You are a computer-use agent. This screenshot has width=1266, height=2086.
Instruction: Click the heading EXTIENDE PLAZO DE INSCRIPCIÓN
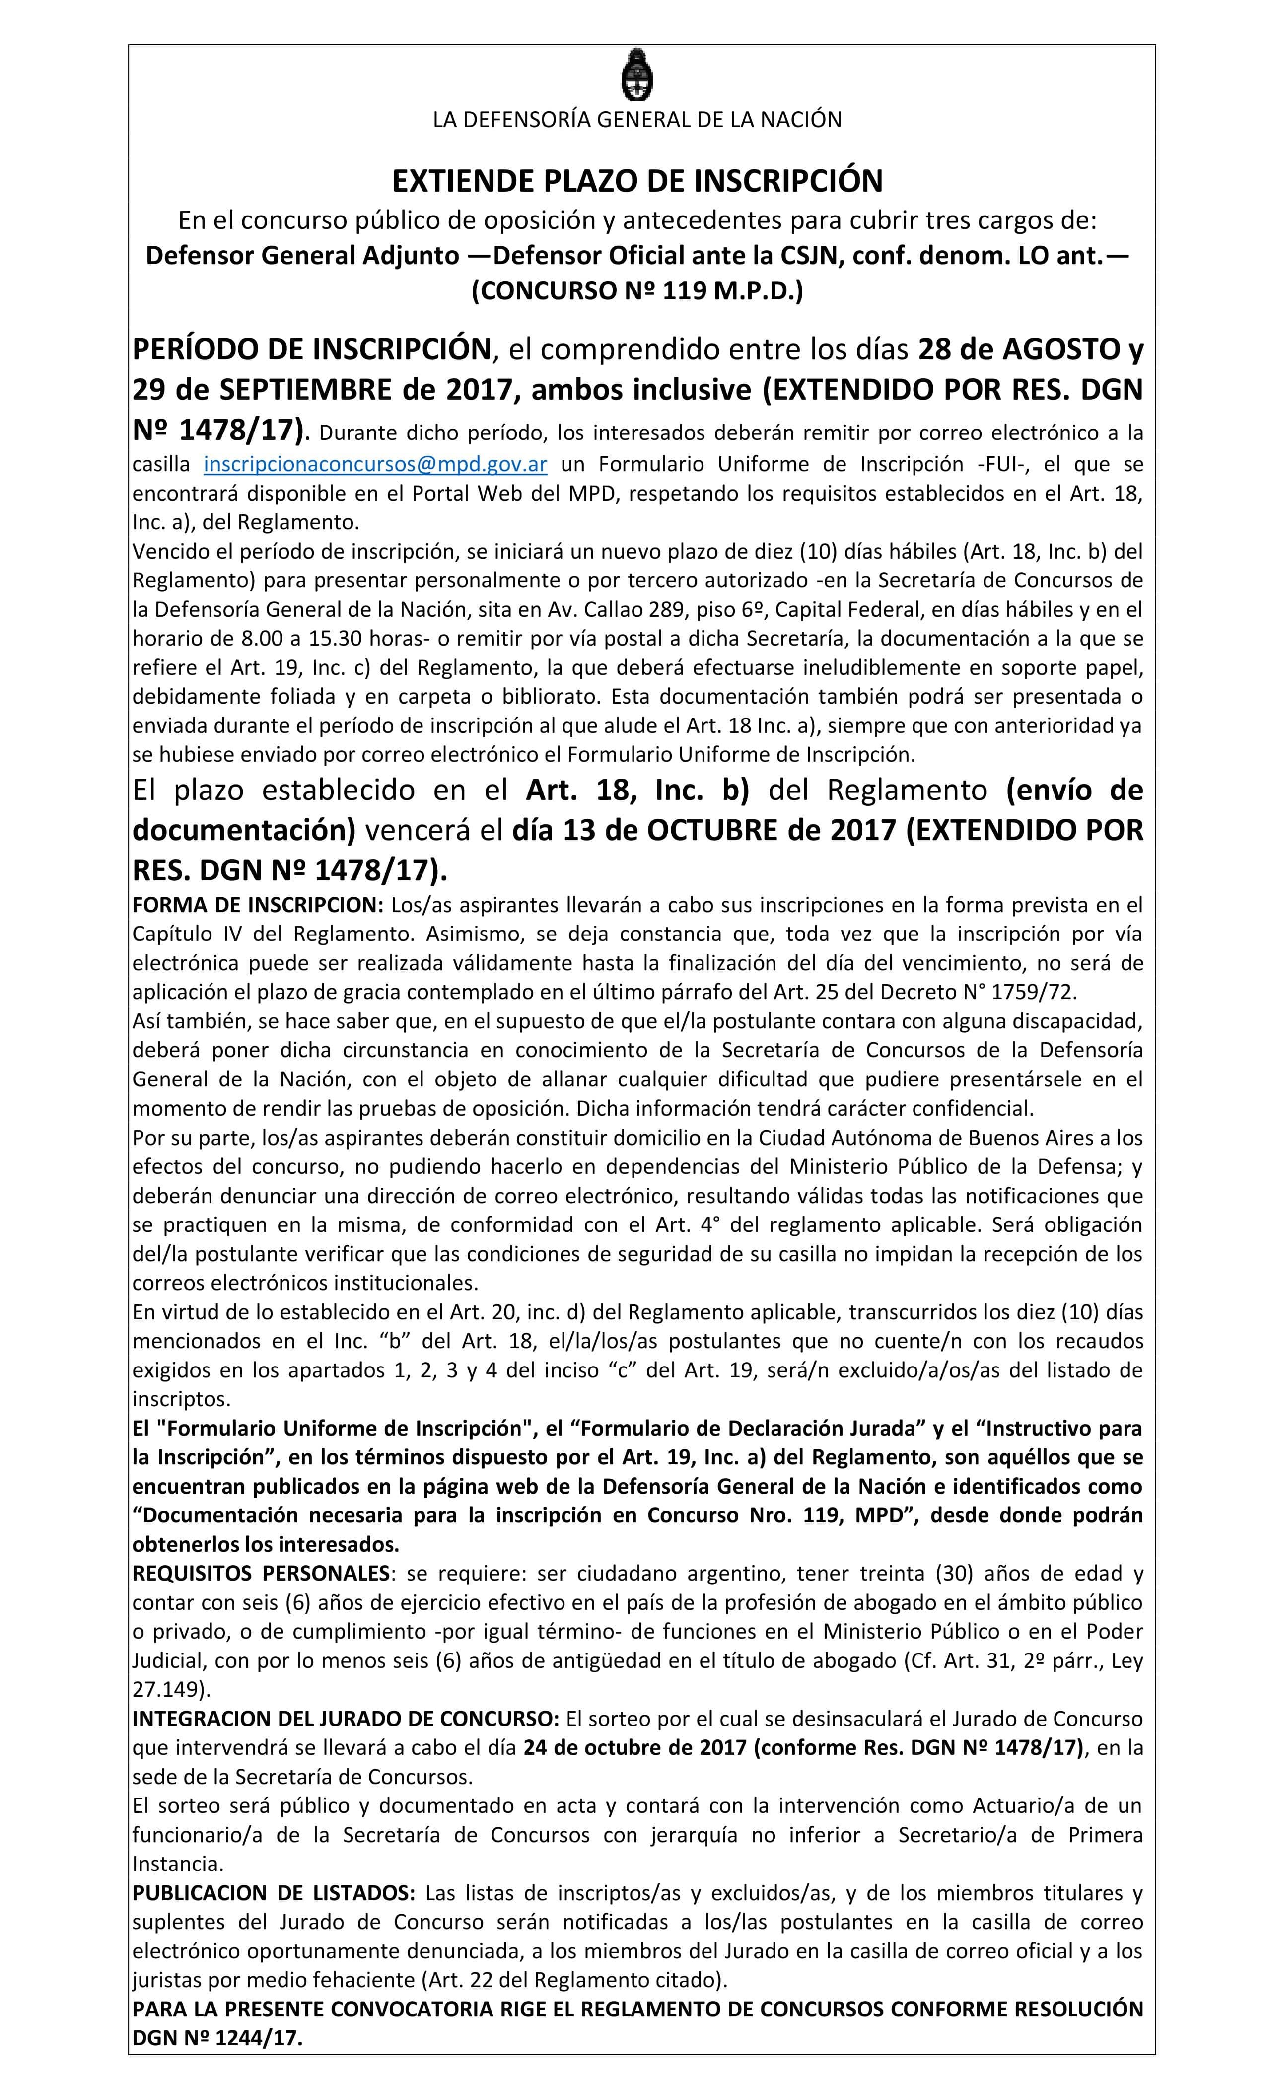click(x=636, y=180)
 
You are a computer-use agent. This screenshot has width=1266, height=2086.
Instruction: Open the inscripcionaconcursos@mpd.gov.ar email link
click(x=375, y=464)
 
